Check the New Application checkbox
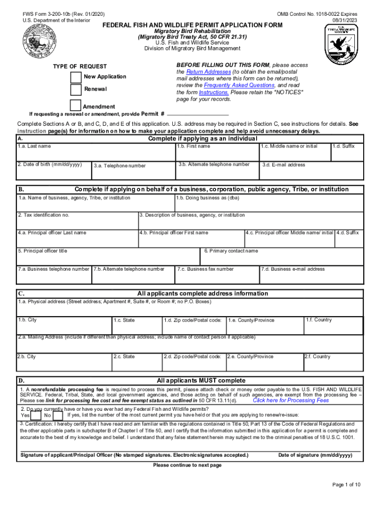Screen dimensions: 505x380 coord(76,77)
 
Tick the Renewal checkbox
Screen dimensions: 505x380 coord(76,90)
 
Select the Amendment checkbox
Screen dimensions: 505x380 coord(76,106)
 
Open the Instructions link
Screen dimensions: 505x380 coord(214,92)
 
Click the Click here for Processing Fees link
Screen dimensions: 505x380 coord(291,400)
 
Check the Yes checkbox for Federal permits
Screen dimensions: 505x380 coord(36,415)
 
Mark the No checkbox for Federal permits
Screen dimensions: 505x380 coord(58,415)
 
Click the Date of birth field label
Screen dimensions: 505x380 coord(49,164)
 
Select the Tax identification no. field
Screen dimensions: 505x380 coord(77,221)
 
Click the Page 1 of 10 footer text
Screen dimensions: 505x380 coord(346,485)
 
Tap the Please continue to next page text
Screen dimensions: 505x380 coord(187,465)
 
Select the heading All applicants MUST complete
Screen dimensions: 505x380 coord(201,381)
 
